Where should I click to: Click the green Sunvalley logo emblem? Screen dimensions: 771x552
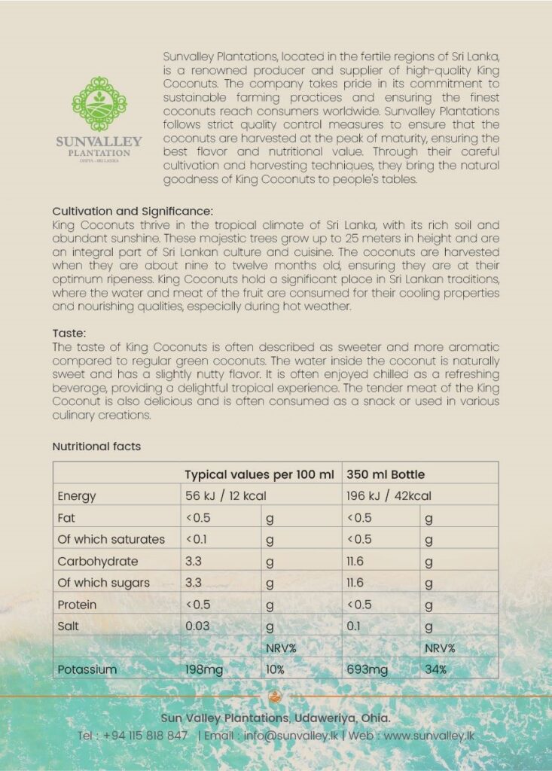pos(98,104)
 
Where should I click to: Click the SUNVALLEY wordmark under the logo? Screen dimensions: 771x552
pos(99,142)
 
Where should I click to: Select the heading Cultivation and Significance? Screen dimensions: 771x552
pos(133,211)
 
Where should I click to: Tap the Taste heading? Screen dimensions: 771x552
pos(69,332)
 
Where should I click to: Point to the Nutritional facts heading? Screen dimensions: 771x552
pos(96,446)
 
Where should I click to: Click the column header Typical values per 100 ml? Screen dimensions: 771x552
pos(259,474)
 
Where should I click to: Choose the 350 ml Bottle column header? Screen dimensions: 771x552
pos(386,474)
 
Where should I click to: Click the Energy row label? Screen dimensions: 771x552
pos(77,496)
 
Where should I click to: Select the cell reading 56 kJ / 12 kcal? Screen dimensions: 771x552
pos(226,496)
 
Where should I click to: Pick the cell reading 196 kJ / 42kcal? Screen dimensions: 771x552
pos(389,496)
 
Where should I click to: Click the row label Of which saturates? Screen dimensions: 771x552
pos(111,539)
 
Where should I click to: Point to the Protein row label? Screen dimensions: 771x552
pos(77,605)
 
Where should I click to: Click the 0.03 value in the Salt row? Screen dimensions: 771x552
pos(198,626)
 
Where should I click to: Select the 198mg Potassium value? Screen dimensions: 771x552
pos(204,669)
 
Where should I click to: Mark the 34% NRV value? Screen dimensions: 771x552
pos(435,669)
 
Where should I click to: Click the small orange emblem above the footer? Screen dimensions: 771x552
pos(276,696)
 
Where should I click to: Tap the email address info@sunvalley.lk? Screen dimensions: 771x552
pos(291,736)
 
